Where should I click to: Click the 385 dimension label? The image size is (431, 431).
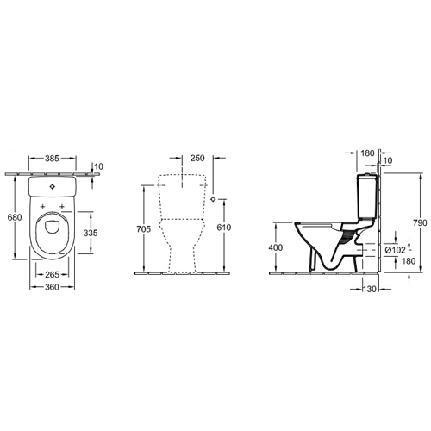tap(52, 159)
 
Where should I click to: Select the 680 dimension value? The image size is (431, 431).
tap(15, 217)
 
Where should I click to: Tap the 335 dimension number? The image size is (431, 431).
tap(91, 233)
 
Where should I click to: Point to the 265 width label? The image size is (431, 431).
tap(52, 275)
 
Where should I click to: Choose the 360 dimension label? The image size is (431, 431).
tap(52, 287)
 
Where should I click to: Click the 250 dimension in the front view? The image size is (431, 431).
tap(197, 158)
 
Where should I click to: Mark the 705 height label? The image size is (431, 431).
tap(143, 229)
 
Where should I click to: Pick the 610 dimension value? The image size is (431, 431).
tap(224, 228)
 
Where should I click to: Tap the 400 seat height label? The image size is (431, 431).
tap(276, 247)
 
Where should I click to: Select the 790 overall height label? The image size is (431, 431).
tap(420, 222)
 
